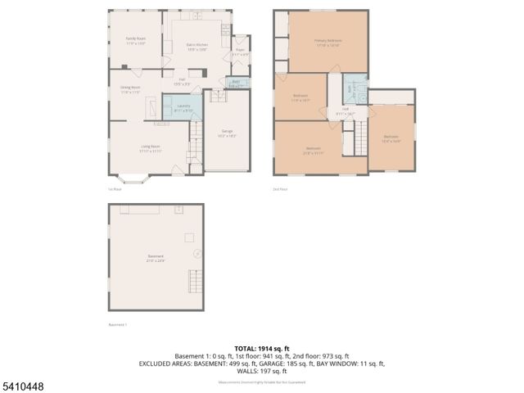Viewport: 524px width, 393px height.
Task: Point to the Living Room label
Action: (x=149, y=148)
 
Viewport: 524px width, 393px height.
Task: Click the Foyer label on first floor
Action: (x=240, y=52)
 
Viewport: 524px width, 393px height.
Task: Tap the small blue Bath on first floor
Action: (x=235, y=83)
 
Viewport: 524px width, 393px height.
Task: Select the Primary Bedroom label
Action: (x=327, y=43)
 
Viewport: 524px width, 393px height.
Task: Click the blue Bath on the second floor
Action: (x=349, y=88)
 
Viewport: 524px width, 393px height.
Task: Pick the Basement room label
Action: (x=156, y=259)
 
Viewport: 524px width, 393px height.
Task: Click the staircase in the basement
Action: (x=194, y=286)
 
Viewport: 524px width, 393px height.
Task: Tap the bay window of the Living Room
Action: (x=132, y=176)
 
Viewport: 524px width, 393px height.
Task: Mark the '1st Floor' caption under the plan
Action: (x=115, y=189)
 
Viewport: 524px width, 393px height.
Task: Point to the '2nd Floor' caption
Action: (x=280, y=189)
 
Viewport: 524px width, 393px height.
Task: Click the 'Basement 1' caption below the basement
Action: (x=118, y=324)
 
